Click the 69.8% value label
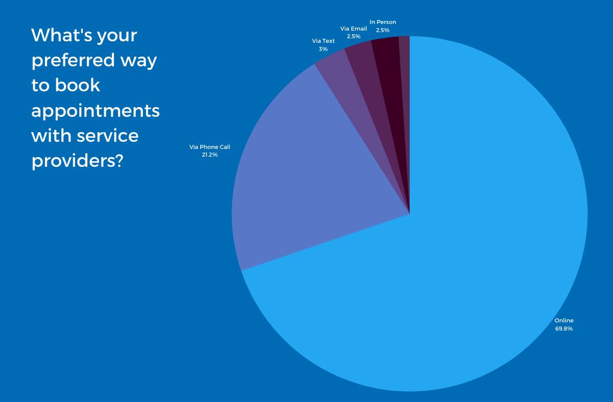[564, 329]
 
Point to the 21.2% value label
[210, 155]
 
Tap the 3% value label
[323, 49]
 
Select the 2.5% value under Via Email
[353, 37]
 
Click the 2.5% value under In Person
[383, 30]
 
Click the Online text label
[564, 320]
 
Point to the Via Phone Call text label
[210, 147]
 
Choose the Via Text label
[323, 41]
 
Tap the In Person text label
[383, 22]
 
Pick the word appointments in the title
[96, 111]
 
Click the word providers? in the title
[77, 161]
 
